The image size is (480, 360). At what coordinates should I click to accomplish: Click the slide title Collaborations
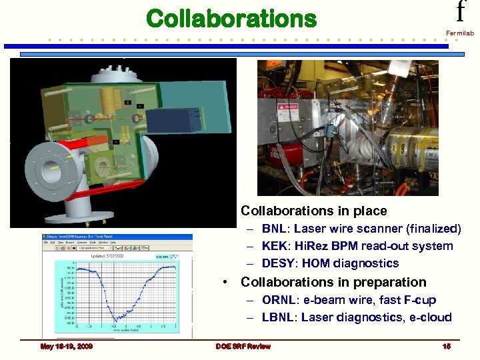click(231, 19)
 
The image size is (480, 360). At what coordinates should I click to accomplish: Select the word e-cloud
click(429, 317)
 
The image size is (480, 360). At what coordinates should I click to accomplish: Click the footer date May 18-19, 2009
click(66, 347)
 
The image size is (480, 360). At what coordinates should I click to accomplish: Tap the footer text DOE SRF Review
click(243, 347)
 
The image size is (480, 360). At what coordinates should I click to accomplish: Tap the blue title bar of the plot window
click(117, 237)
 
